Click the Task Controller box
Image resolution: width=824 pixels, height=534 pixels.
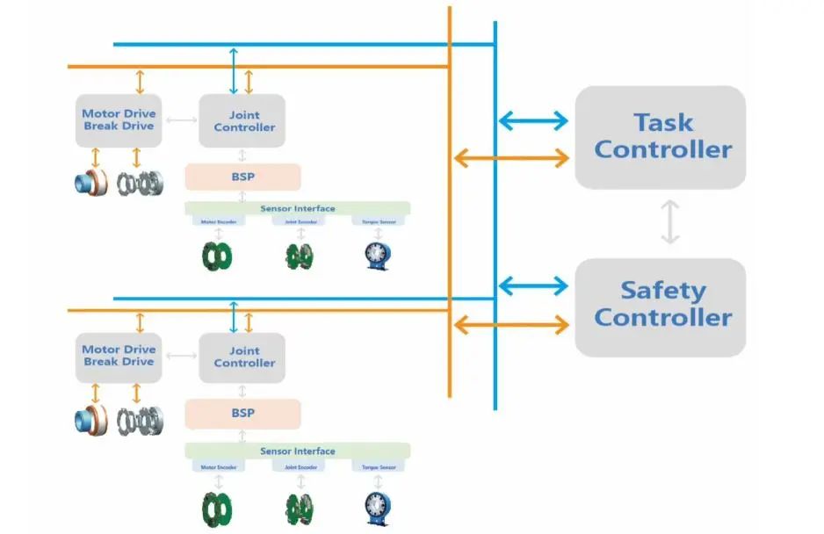[661, 136]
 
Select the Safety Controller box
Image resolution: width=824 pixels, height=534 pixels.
[660, 304]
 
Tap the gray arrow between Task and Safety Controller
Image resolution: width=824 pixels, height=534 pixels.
[670, 221]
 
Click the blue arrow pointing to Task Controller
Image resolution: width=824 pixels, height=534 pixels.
[532, 122]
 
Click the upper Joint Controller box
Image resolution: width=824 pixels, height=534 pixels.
[242, 121]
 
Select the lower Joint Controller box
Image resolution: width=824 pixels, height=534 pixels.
[242, 357]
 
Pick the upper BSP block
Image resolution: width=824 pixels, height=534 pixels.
[242, 176]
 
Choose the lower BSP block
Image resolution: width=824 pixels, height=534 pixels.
[242, 413]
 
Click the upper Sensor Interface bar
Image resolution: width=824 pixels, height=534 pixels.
[297, 209]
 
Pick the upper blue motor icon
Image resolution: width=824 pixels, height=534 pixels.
[90, 183]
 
